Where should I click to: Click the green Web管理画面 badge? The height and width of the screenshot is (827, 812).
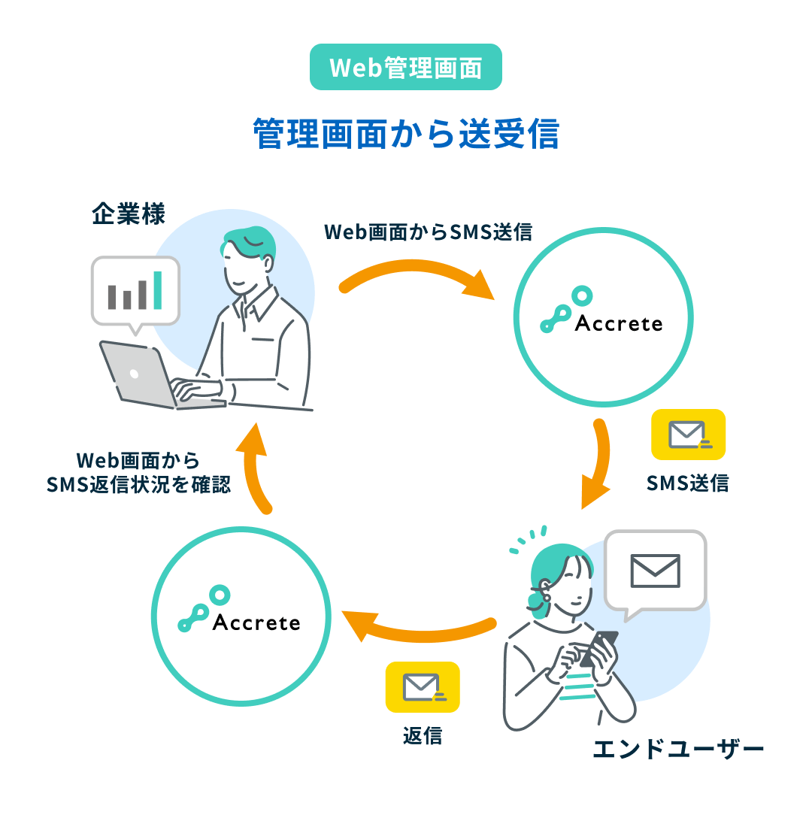point(405,67)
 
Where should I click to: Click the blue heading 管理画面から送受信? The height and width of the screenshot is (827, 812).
point(406,134)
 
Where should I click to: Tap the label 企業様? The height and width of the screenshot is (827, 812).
point(129,214)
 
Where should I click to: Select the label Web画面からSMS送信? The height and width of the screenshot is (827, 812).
point(428,232)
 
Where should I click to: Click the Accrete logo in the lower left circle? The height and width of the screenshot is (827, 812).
point(239,609)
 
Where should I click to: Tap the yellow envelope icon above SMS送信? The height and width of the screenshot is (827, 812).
point(688,435)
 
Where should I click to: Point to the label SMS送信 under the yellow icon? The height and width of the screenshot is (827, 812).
point(687,483)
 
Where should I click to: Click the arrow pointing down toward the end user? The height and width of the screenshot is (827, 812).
point(602,459)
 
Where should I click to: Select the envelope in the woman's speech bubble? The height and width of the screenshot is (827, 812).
point(656,571)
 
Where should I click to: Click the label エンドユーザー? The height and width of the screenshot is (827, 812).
point(678,749)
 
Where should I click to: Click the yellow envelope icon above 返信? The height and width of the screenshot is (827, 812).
point(423,687)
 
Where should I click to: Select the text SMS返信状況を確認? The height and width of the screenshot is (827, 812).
point(139,485)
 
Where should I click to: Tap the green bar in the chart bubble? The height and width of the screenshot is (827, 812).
point(157,290)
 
